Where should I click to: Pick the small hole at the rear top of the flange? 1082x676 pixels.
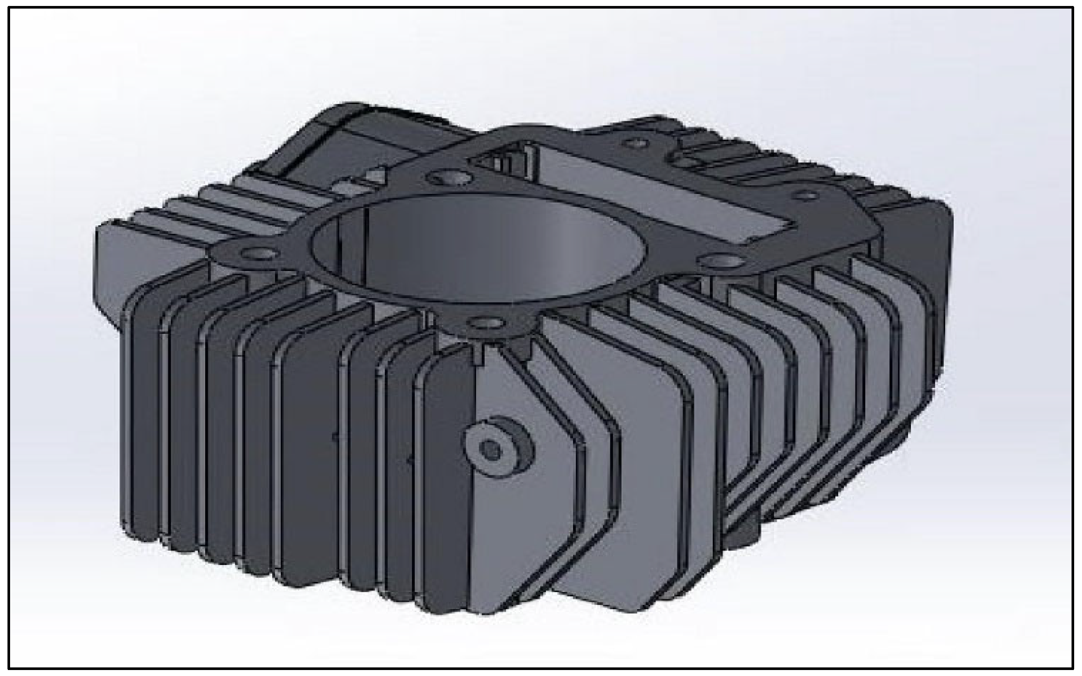pyautogui.click(x=636, y=143)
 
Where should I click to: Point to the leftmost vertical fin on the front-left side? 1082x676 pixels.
pyautogui.click(x=143, y=416)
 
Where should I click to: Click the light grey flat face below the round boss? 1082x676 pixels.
pyautogui.click(x=514, y=537)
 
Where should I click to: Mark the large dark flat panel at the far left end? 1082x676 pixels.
pyautogui.click(x=107, y=273)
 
